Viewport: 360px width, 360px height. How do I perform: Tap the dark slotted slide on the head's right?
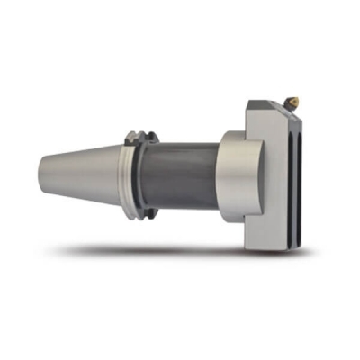(302, 175)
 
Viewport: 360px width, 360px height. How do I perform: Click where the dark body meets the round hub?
(218, 175)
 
